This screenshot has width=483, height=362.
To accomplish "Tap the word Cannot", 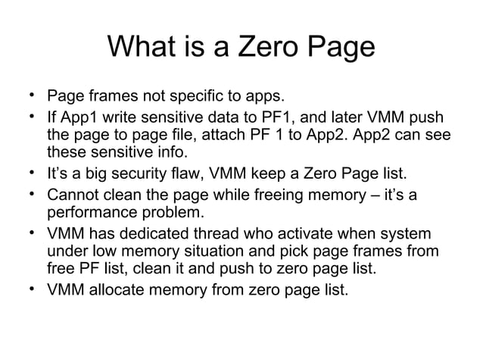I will (x=73, y=196).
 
